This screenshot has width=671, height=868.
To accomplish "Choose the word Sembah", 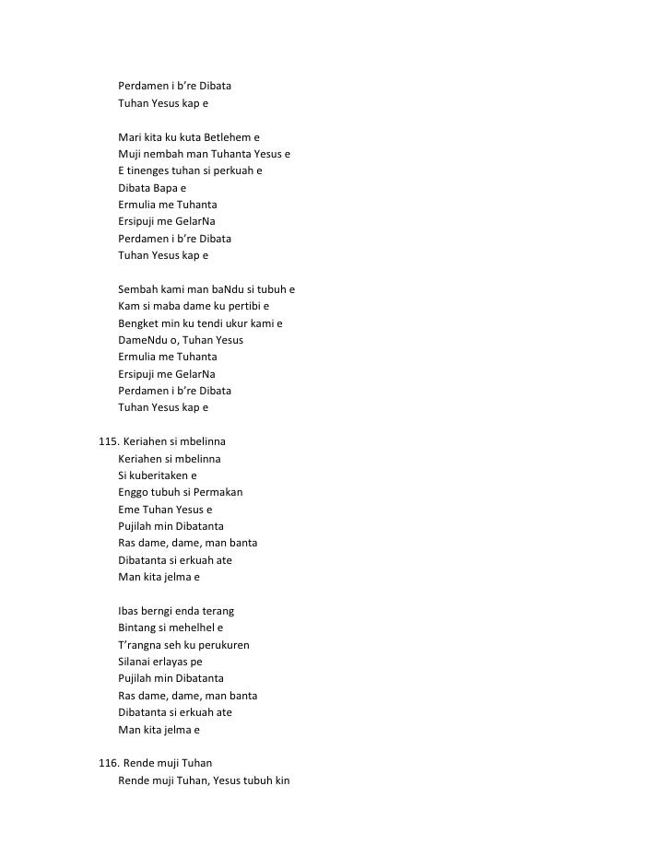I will point(138,289).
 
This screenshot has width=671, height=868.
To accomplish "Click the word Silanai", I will point(137,662).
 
